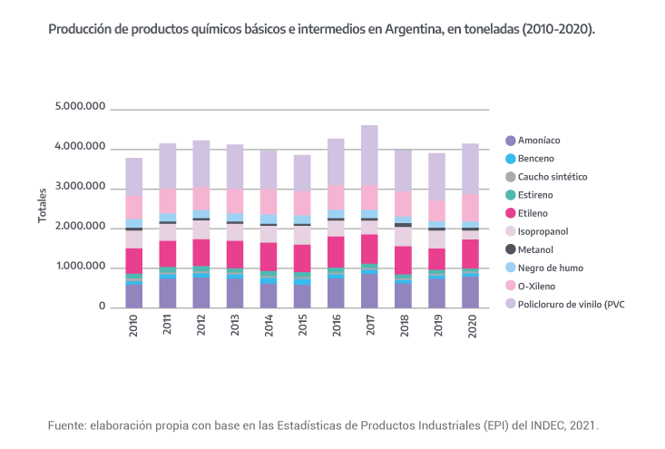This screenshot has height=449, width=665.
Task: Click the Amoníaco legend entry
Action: [x=538, y=141]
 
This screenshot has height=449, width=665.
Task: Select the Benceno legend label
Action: [x=537, y=159]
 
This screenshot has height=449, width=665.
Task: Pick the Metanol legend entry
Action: [x=535, y=249]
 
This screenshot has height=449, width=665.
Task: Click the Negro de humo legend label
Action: [x=550, y=268]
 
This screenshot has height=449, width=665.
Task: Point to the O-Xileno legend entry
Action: [x=537, y=286]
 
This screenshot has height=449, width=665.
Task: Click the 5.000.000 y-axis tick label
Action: [x=81, y=107]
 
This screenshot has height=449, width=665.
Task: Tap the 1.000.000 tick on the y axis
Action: [x=81, y=267]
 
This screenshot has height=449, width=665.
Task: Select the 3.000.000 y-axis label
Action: [x=81, y=187]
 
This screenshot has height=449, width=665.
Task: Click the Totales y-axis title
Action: [x=42, y=207]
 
